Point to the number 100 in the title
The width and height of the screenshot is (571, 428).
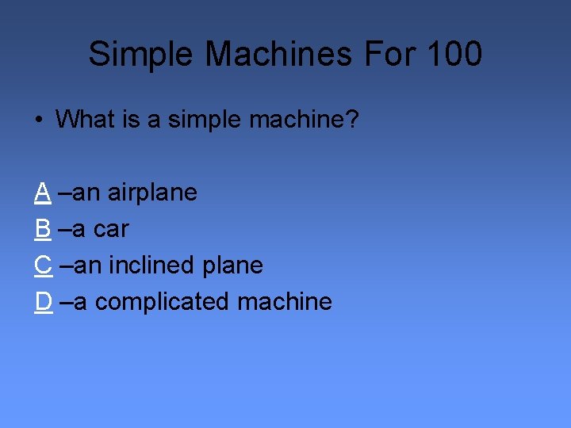(x=454, y=55)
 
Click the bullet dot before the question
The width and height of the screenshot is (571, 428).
(x=39, y=120)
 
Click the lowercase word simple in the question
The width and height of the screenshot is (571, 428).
(x=205, y=120)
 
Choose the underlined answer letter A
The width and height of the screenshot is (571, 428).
(x=43, y=192)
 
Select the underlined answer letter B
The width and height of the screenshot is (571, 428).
(x=43, y=228)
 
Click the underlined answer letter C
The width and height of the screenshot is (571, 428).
(x=44, y=265)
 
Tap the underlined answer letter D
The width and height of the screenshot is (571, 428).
(x=44, y=301)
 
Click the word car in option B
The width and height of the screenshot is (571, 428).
(x=111, y=228)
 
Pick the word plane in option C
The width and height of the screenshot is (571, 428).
(x=232, y=265)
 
